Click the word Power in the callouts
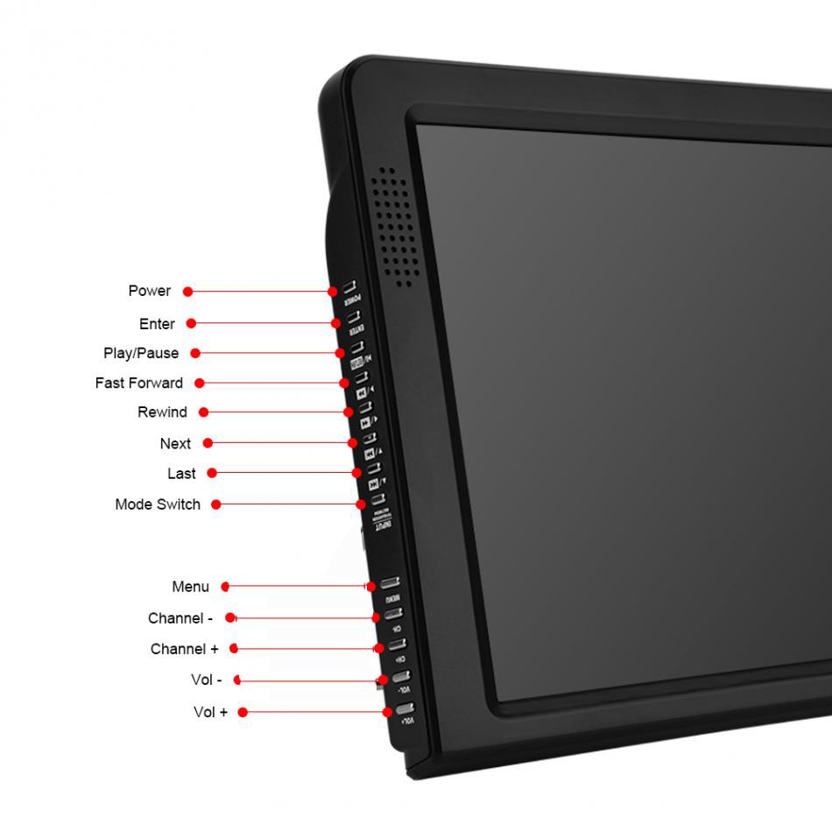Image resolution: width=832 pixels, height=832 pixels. pyautogui.click(x=149, y=291)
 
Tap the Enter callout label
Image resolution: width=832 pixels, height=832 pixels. pyautogui.click(x=157, y=324)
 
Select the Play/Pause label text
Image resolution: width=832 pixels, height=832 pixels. pyautogui.click(x=141, y=353)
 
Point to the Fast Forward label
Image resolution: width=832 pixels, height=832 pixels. pyautogui.click(x=139, y=383)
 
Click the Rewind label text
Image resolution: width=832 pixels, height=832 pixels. pyautogui.click(x=162, y=412)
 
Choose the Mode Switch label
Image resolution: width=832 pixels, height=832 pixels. pyautogui.click(x=158, y=504)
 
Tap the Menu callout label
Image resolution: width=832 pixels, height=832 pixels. pyautogui.click(x=190, y=587)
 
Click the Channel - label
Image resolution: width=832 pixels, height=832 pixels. pyautogui.click(x=180, y=618)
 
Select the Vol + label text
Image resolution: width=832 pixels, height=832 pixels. pyautogui.click(x=210, y=712)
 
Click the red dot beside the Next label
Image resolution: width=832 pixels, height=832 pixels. pyautogui.click(x=208, y=443)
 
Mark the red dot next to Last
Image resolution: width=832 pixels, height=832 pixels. pyautogui.click(x=212, y=473)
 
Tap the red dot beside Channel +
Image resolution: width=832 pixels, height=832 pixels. pyautogui.click(x=235, y=649)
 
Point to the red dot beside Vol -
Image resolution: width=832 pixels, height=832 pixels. pyautogui.click(x=237, y=680)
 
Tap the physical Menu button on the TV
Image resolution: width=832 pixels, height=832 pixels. pyautogui.click(x=390, y=583)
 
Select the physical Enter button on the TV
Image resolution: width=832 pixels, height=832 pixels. pyautogui.click(x=353, y=320)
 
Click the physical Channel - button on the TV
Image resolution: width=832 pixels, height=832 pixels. pyautogui.click(x=393, y=614)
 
